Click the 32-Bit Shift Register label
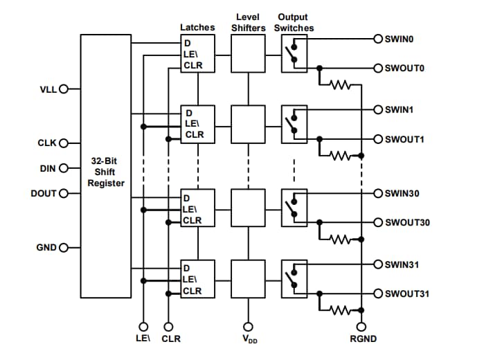[107, 172]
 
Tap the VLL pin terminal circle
[64, 89]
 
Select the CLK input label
[46, 143]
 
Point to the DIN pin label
[47, 168]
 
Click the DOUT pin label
[44, 193]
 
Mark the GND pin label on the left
[46, 247]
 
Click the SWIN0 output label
[399, 39]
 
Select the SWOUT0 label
[404, 69]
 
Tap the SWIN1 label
[399, 109]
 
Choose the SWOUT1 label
[404, 139]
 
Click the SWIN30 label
[402, 193]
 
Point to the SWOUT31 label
[407, 294]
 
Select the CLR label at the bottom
[171, 339]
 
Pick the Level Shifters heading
[247, 22]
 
